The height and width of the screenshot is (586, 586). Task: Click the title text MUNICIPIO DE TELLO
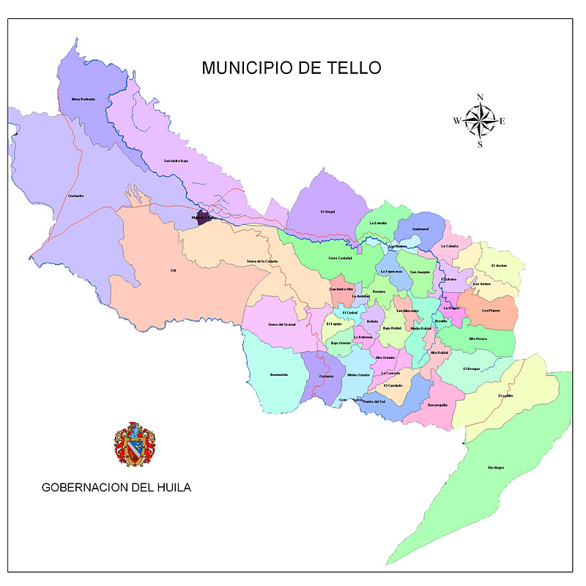[x=292, y=68]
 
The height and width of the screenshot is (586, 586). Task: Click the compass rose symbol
[x=480, y=121]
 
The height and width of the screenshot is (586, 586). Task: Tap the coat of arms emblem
[x=134, y=445]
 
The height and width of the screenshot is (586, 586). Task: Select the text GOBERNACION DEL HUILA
[x=116, y=487]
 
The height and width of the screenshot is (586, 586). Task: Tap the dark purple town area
[x=204, y=218]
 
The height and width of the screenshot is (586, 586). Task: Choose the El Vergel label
[x=327, y=212]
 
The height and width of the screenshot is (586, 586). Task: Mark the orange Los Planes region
[x=489, y=311]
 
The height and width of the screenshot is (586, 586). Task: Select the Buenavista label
[x=278, y=374]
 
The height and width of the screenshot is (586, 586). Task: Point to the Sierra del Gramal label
[x=281, y=324]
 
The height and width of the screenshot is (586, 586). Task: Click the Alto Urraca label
[x=478, y=338]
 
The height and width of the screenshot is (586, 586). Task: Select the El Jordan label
[x=499, y=265]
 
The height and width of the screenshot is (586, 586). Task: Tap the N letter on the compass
[x=480, y=97]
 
